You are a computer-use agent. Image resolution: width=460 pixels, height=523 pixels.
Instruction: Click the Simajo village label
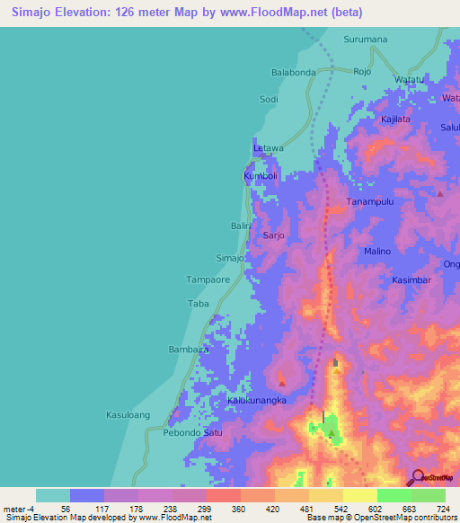230,258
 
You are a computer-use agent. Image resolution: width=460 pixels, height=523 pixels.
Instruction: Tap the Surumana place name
366,40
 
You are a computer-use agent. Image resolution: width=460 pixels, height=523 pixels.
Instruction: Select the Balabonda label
294,72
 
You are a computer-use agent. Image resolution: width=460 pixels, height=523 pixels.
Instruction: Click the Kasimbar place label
413,280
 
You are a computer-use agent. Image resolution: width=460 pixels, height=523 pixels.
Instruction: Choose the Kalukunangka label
256,401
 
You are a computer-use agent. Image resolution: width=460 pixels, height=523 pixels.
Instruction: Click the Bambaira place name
189,349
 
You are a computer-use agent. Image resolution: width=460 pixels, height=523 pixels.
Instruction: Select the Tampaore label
208,280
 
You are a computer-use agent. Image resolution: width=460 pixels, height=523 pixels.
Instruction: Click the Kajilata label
395,119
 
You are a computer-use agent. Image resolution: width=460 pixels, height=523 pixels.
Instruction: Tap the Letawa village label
268,147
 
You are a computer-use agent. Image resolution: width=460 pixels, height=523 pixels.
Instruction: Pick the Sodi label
269,99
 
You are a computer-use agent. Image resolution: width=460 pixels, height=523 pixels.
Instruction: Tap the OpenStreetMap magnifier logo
417,476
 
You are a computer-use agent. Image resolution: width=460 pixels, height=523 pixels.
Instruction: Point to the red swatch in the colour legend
224,495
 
